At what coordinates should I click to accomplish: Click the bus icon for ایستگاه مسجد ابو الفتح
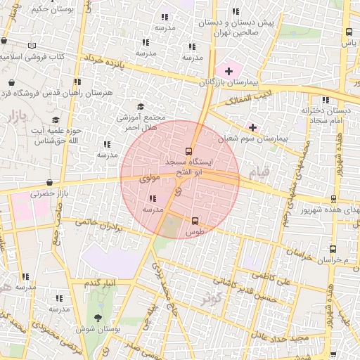point(188,151)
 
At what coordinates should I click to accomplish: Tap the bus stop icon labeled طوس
point(195,220)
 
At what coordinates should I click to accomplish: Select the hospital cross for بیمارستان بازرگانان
point(228,71)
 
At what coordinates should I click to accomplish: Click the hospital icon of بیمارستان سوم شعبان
point(252,127)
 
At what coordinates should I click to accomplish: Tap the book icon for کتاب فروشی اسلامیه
point(32,46)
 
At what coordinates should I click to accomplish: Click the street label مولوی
point(150,180)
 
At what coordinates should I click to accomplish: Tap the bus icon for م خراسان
point(332,248)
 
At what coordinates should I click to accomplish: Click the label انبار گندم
point(100,283)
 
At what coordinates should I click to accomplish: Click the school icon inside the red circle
point(153,198)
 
